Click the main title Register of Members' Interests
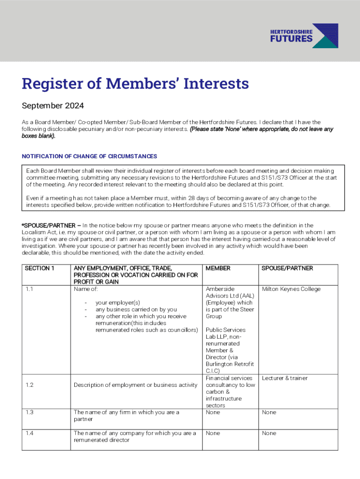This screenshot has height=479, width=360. pos(135,84)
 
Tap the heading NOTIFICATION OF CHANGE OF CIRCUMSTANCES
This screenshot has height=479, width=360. pos(89,156)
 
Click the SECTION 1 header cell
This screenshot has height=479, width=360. pos(40,269)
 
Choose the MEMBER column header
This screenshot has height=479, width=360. pos(218,269)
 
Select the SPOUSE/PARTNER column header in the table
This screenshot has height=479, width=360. pos(287,269)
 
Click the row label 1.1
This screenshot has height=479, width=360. pos(29,289)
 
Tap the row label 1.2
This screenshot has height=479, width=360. pos(29,385)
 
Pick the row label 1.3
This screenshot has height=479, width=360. pos(29,412)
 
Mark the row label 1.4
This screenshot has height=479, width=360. pos(29,433)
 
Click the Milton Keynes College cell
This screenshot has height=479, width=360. pos(291,289)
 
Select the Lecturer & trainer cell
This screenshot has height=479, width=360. pos(285,378)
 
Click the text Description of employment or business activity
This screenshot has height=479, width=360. pos(136,385)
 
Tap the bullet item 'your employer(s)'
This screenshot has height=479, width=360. pos(118,303)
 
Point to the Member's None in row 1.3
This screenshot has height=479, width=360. pos(213,412)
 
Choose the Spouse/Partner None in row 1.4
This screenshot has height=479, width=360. pos(269,433)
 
